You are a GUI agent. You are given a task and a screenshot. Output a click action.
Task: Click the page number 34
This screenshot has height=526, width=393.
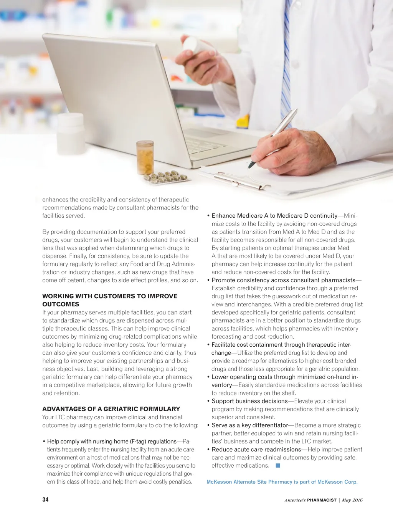click(x=45, y=500)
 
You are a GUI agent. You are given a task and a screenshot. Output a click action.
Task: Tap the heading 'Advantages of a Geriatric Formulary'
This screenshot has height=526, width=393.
click(x=111, y=409)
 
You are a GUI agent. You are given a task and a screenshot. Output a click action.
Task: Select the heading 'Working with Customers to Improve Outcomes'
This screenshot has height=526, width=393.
click(x=109, y=300)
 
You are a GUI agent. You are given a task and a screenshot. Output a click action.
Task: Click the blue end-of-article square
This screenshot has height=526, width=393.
click(x=278, y=466)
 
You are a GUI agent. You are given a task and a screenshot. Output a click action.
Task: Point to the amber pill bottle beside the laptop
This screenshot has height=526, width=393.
click(x=145, y=158)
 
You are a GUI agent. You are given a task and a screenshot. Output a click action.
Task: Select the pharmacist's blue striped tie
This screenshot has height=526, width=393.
click(x=286, y=65)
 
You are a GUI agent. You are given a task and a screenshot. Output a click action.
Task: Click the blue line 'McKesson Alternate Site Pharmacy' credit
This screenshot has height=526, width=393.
click(x=282, y=482)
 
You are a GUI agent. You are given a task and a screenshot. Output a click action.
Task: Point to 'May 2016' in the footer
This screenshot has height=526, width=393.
click(x=352, y=500)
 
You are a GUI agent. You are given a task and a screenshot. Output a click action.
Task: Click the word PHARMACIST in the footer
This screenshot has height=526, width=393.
click(x=322, y=500)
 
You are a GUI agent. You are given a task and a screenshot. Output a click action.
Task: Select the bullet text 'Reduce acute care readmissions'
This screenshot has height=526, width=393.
click(x=256, y=449)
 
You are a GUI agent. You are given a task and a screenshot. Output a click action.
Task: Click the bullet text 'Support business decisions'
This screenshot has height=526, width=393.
click(x=249, y=401)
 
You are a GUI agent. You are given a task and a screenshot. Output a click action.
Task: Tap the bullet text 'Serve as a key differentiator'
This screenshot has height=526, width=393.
click(x=250, y=425)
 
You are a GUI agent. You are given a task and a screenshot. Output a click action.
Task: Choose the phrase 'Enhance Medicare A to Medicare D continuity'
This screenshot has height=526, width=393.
click(x=274, y=215)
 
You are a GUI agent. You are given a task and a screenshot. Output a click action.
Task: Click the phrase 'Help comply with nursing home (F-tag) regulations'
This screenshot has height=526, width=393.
click(x=112, y=441)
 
